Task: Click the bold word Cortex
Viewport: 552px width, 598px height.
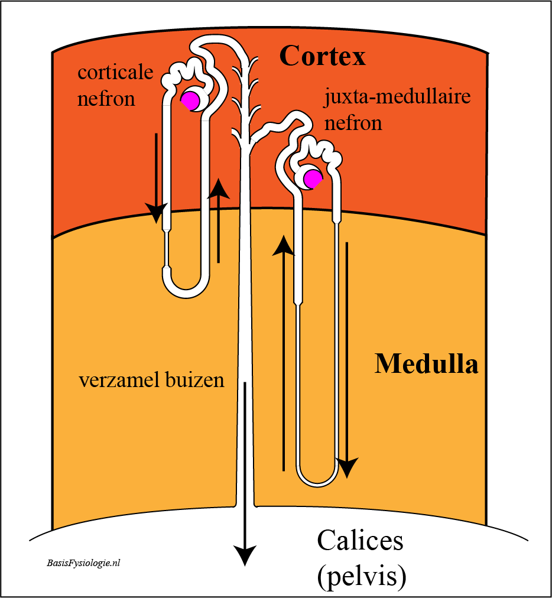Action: tap(322, 56)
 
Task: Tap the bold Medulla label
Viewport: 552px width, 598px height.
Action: tap(426, 364)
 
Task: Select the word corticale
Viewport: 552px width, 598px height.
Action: tap(115, 72)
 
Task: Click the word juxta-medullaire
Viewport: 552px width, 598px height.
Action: tap(397, 97)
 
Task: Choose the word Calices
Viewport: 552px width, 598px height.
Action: tap(360, 541)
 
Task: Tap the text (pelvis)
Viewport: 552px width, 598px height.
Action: tap(361, 575)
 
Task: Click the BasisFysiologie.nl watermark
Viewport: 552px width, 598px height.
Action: tap(83, 563)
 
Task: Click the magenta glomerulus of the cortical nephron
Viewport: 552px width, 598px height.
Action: tap(190, 100)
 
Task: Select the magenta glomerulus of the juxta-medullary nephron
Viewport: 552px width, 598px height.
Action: tap(313, 179)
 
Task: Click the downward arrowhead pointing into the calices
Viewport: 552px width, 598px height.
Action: tap(245, 555)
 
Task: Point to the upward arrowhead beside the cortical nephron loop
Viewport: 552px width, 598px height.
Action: tap(218, 188)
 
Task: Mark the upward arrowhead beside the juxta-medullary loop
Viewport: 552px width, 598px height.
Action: tap(283, 245)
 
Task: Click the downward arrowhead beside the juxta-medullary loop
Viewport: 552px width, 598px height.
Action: tap(347, 468)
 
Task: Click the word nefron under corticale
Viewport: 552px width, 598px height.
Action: tap(106, 99)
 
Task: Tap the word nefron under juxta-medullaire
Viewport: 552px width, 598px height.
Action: tap(353, 123)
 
